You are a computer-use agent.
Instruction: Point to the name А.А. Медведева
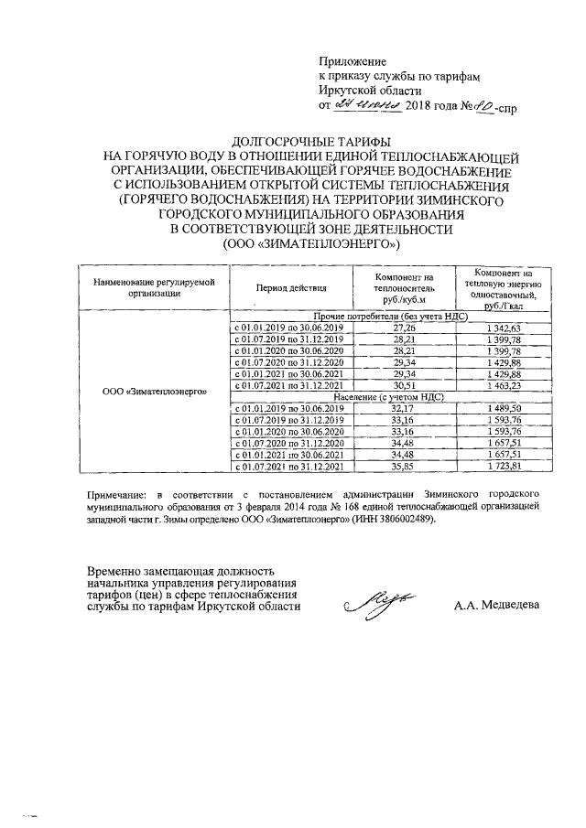(497, 605)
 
